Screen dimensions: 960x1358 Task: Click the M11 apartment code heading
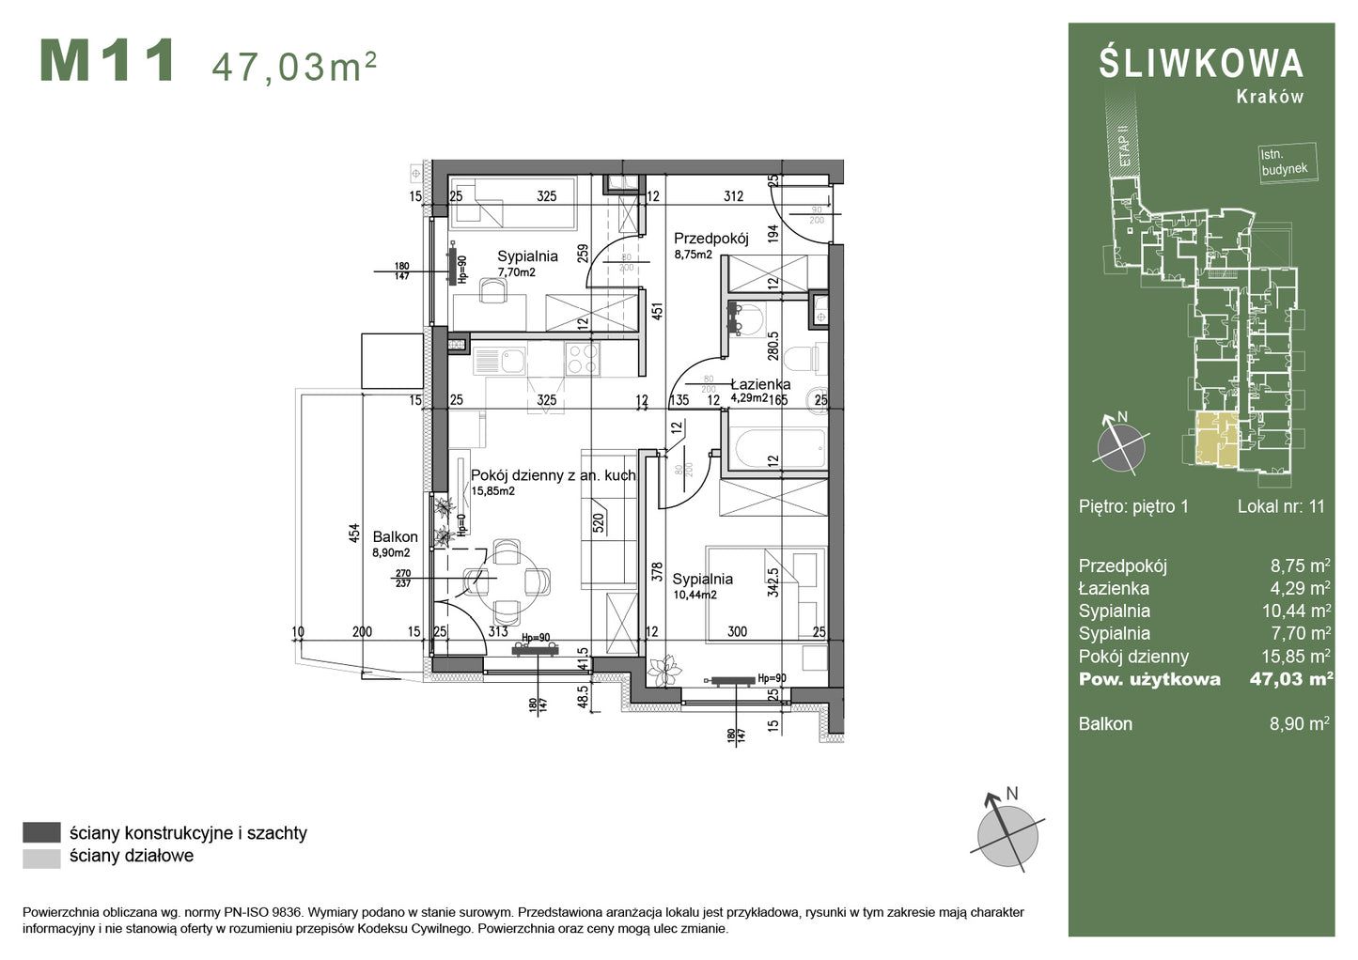107,61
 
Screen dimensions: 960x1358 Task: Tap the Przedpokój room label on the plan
710,239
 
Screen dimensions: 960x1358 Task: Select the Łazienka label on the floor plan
760,384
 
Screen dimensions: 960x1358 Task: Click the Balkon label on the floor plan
395,537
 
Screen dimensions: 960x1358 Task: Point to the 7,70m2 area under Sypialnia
516,272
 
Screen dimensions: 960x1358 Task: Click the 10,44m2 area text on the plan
695,595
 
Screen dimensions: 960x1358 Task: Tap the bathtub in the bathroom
779,449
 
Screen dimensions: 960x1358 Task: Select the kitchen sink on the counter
512,360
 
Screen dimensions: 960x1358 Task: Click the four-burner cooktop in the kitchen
581,358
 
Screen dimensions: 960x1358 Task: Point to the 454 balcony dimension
354,533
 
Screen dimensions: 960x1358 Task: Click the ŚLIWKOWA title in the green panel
1201,64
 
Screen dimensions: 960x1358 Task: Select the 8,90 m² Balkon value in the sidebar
1299,723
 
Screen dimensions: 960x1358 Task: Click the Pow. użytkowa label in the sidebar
1149,679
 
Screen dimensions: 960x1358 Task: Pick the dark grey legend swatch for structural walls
41,832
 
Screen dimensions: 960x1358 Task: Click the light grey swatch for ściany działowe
41,857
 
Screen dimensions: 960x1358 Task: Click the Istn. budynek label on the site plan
1284,163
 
